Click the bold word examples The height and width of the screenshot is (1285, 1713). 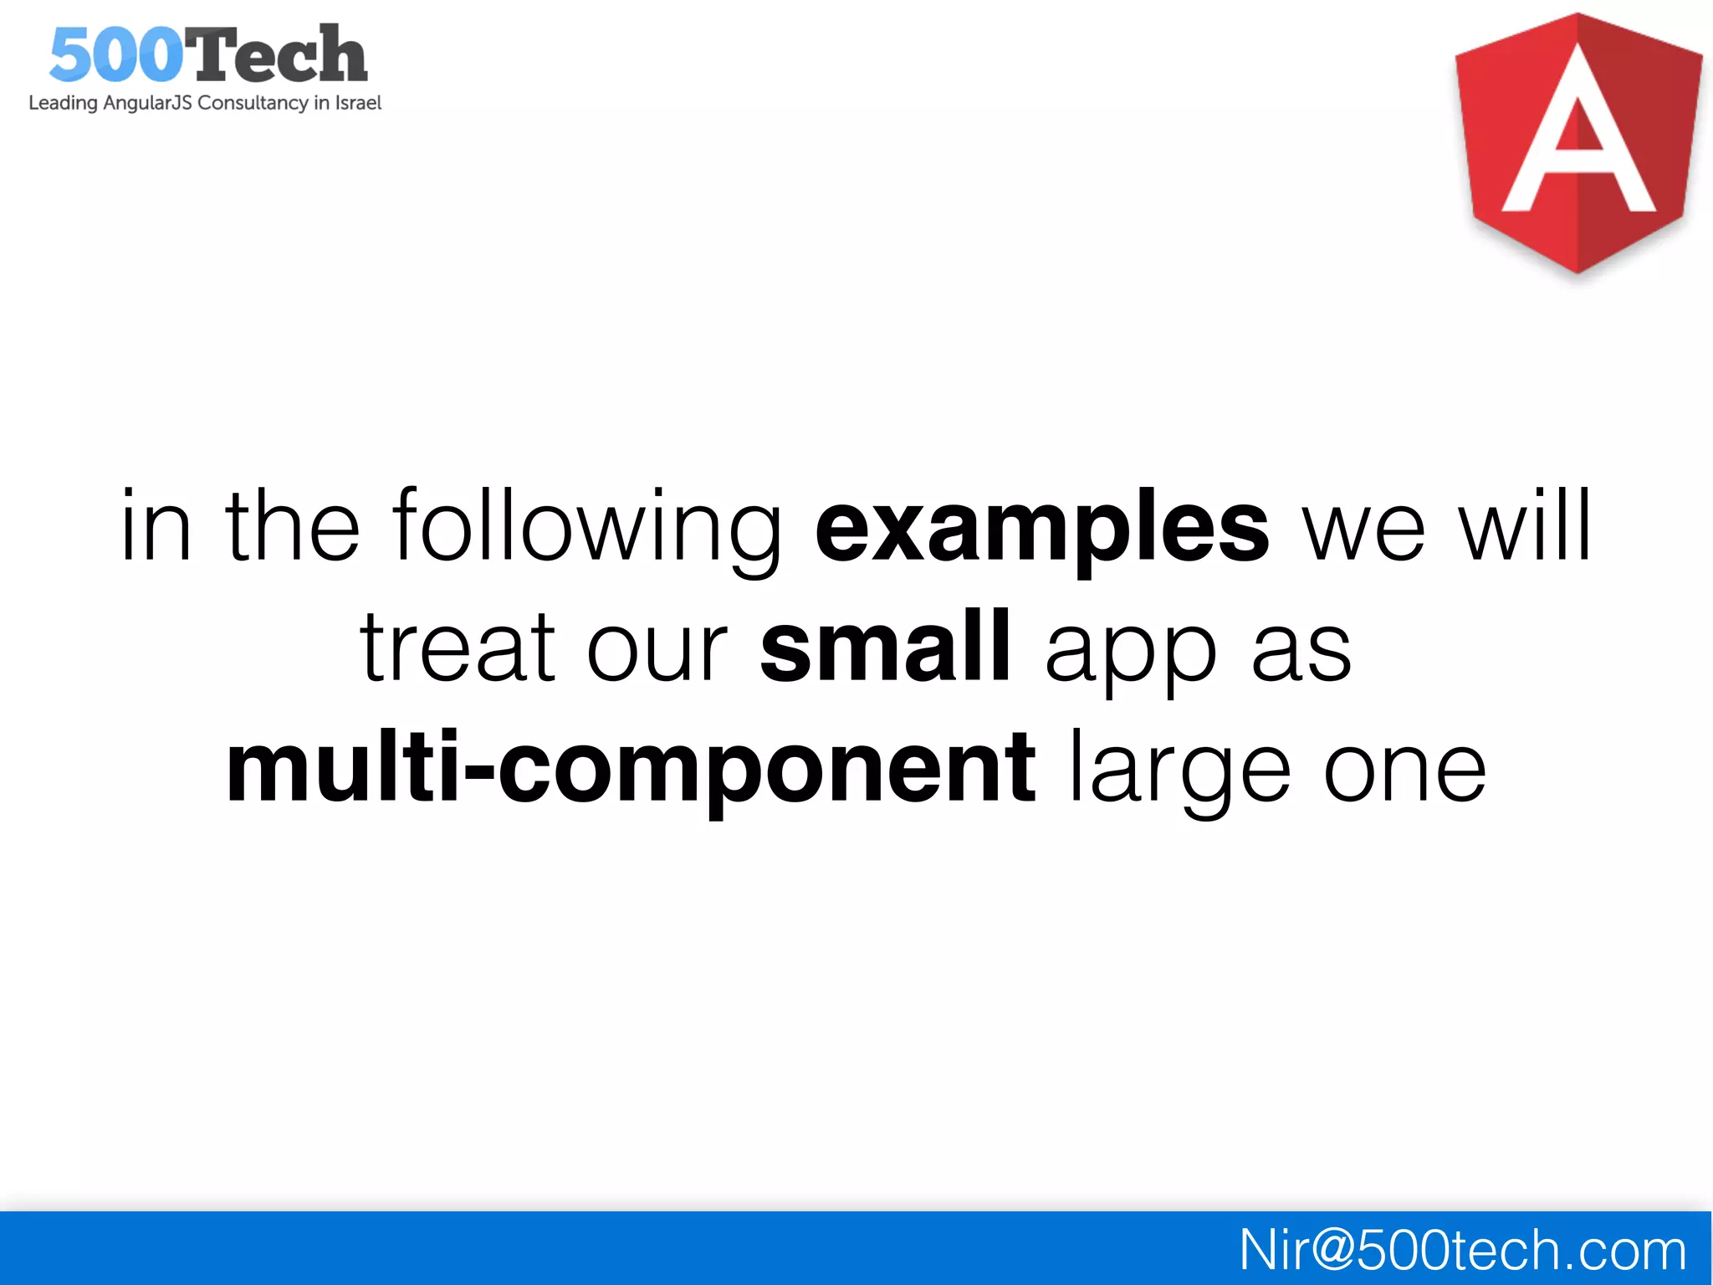pyautogui.click(x=1041, y=527)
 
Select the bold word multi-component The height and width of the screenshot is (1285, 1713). pyautogui.click(x=631, y=767)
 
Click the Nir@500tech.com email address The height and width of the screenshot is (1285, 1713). pyautogui.click(x=1462, y=1250)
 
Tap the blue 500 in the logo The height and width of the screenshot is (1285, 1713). pyautogui.click(x=115, y=55)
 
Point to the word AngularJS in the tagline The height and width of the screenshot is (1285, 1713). pyautogui.click(x=147, y=103)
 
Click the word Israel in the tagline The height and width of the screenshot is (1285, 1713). pyautogui.click(x=358, y=103)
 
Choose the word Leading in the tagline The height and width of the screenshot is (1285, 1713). pyautogui.click(x=63, y=103)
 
